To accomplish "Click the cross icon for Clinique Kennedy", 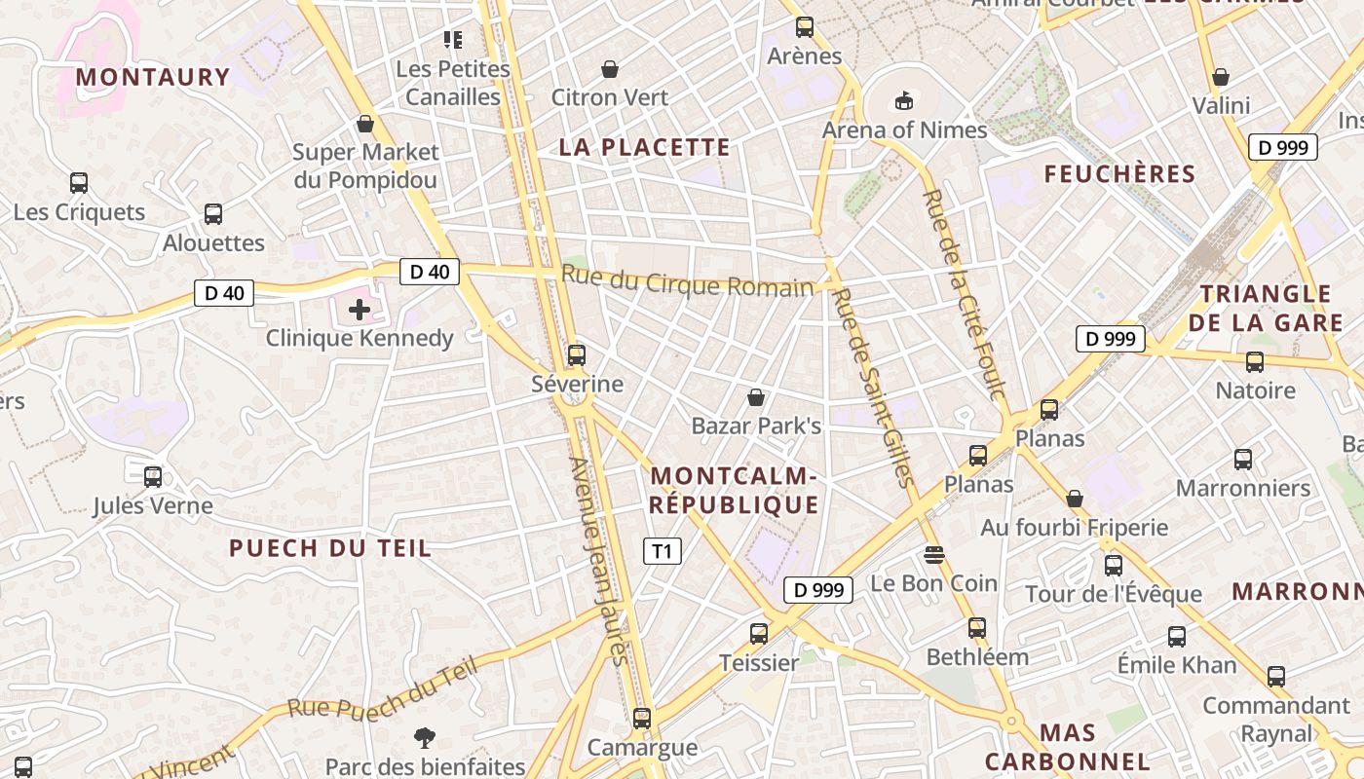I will (x=360, y=311).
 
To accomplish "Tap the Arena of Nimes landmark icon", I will (x=904, y=100).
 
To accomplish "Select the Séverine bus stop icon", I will (x=577, y=355).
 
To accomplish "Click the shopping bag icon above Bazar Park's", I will (x=756, y=397).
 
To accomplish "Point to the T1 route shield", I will (x=663, y=551).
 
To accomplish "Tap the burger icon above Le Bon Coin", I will (x=934, y=555).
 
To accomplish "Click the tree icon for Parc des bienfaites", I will (x=425, y=738).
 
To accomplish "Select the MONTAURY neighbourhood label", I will (x=153, y=77).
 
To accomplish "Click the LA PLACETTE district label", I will (x=644, y=147).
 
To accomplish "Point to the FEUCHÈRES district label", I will (x=1119, y=174).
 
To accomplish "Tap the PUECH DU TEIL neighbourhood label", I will (x=330, y=548).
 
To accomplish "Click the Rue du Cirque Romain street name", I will (x=687, y=283).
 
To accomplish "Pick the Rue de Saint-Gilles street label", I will (x=874, y=388).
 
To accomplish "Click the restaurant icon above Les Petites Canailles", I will (x=453, y=40).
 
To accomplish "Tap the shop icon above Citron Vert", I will (x=610, y=69).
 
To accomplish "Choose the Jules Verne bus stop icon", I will (x=153, y=477).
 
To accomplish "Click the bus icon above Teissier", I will (x=759, y=634).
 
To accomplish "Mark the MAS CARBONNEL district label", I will (x=1068, y=747).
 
